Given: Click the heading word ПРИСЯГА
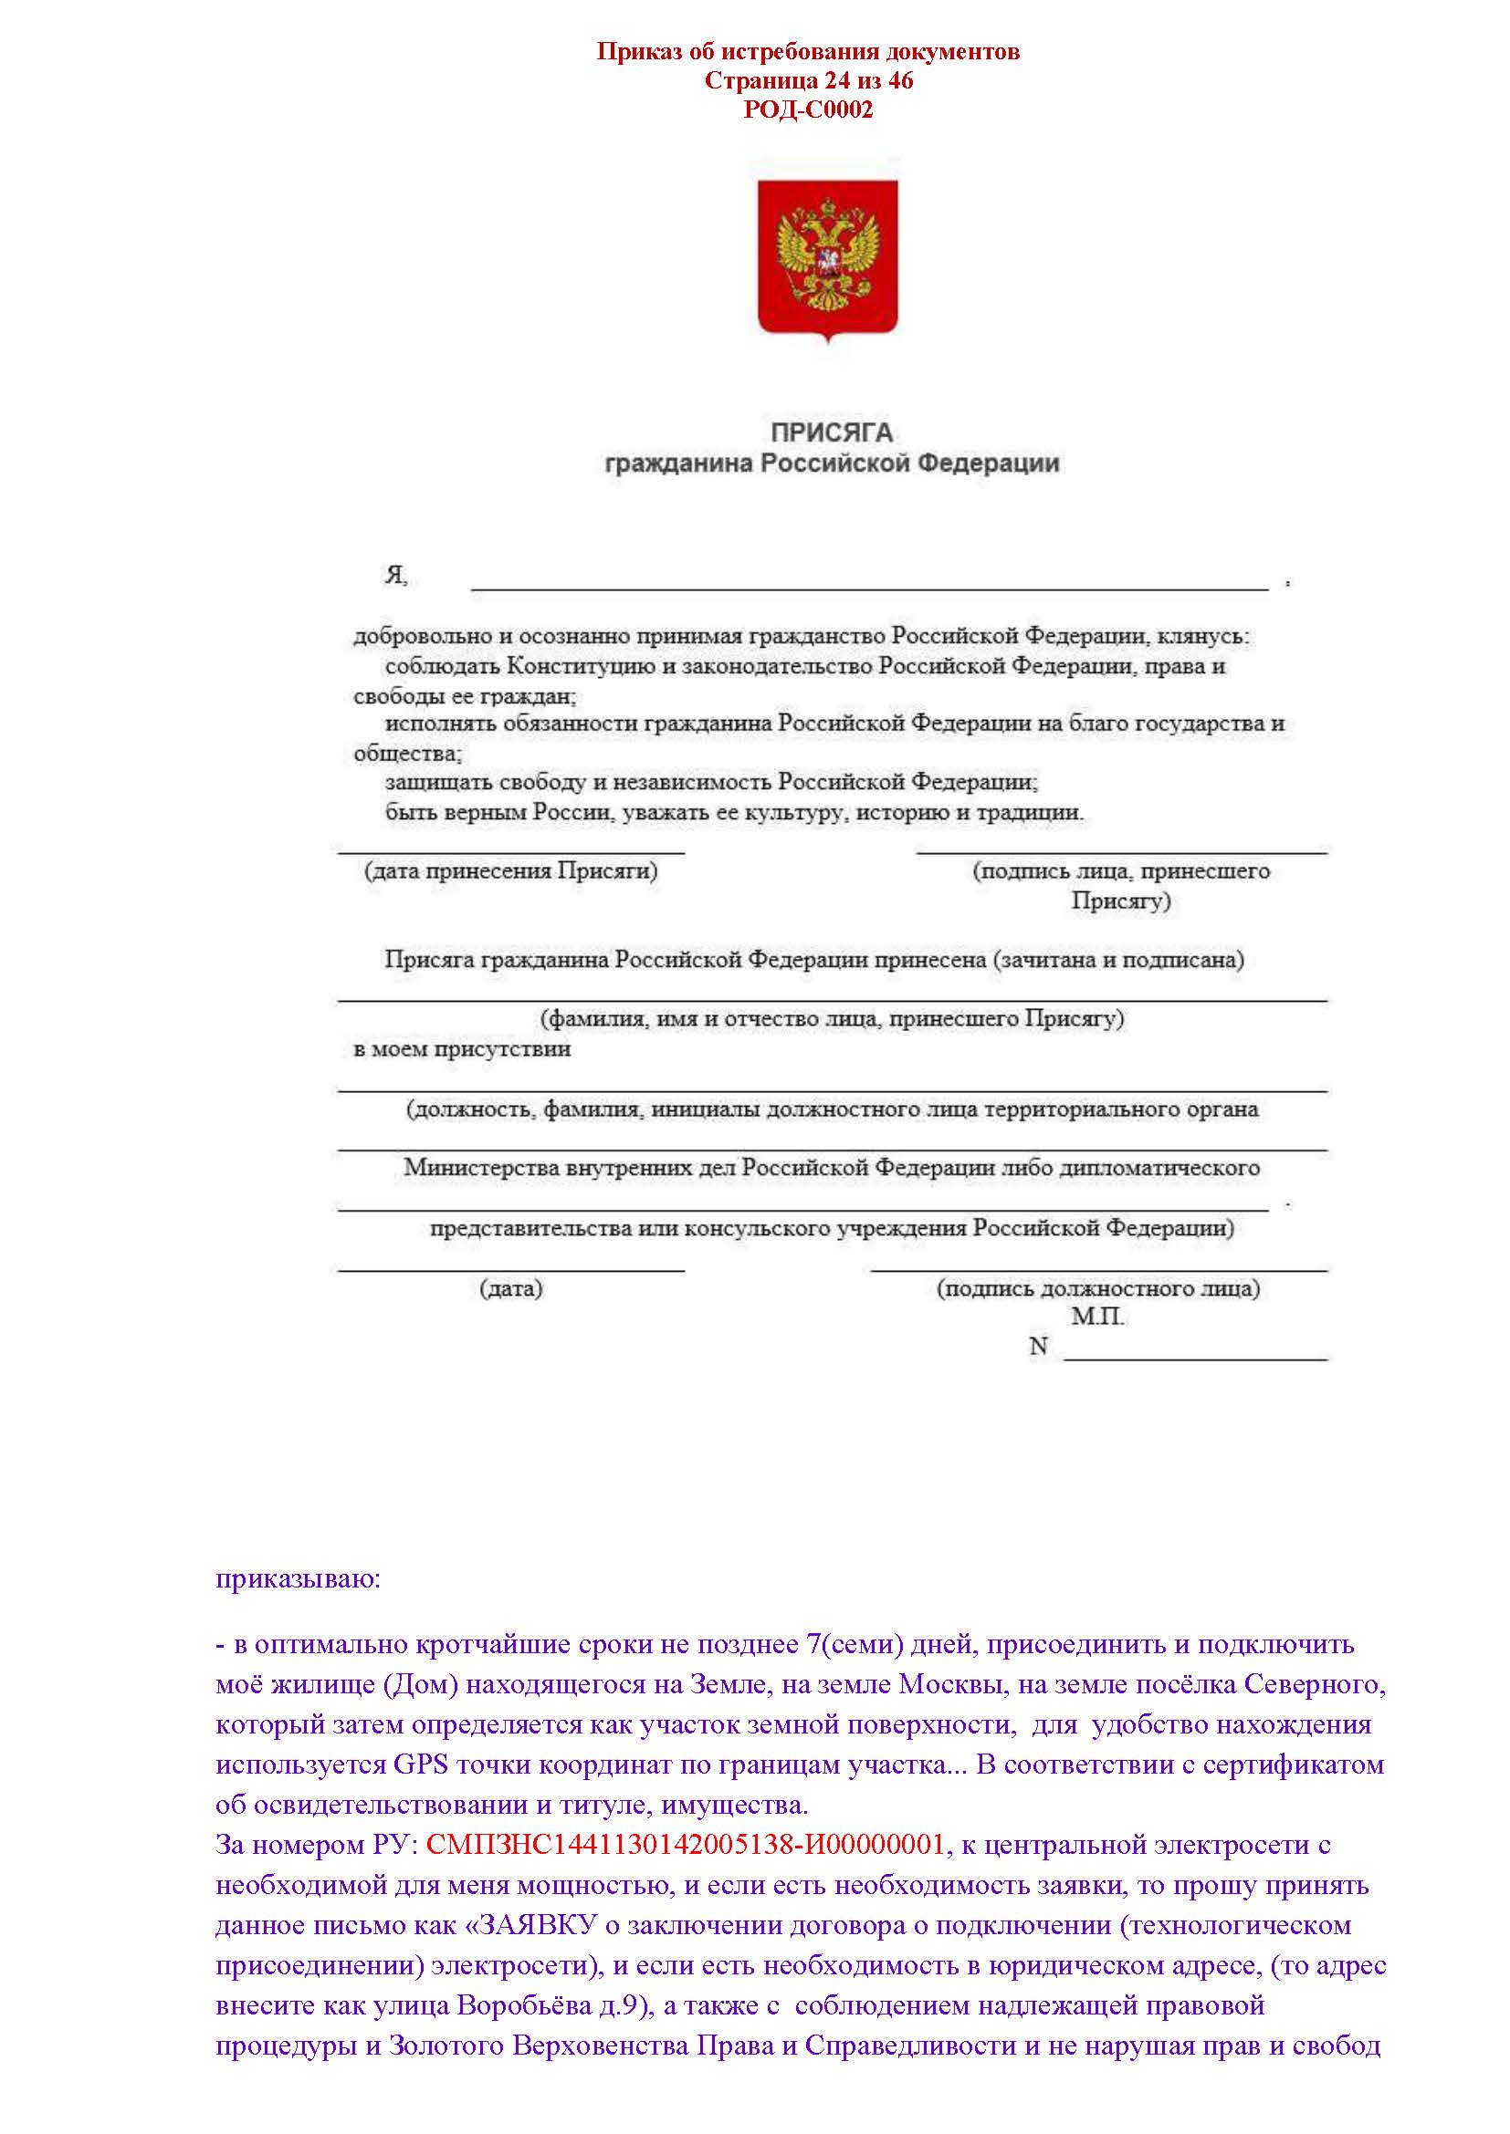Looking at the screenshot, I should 832,432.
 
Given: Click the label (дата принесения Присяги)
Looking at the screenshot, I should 511,871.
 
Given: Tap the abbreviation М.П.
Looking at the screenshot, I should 1097,1317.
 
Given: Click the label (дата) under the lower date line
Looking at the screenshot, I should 511,1289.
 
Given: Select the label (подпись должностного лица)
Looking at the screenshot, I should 1098,1289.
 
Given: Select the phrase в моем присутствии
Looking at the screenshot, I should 462,1049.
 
